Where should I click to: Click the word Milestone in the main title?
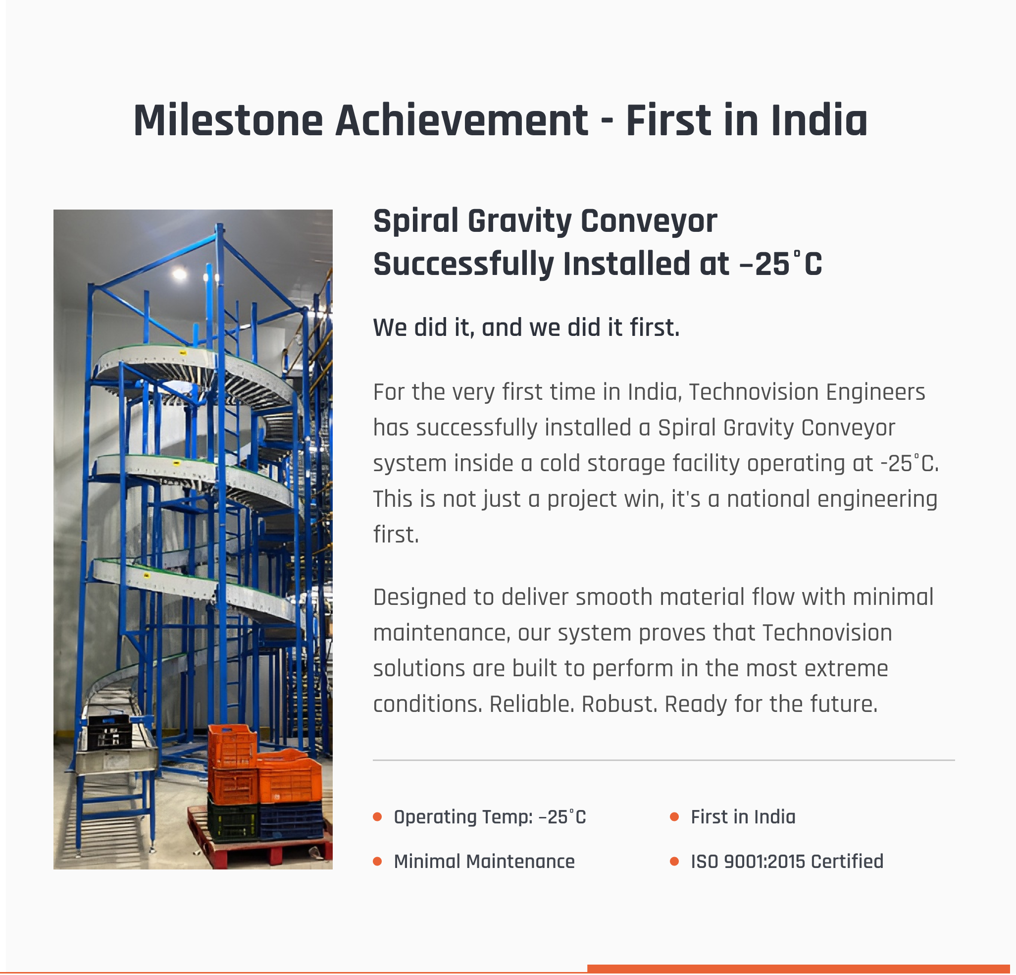click(x=228, y=121)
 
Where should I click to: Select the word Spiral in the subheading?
click(x=416, y=221)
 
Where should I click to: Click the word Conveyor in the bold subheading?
click(x=649, y=221)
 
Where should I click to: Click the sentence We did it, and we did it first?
click(x=526, y=327)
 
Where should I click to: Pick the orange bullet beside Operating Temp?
click(x=377, y=817)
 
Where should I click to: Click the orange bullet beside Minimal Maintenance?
click(x=377, y=862)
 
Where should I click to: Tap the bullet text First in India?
click(x=743, y=817)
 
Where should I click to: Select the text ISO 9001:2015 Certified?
click(x=787, y=862)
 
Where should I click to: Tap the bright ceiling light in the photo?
click(x=179, y=273)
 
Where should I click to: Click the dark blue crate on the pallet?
click(x=291, y=820)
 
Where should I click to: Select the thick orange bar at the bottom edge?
click(x=798, y=969)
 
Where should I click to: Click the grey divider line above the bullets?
click(x=663, y=760)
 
